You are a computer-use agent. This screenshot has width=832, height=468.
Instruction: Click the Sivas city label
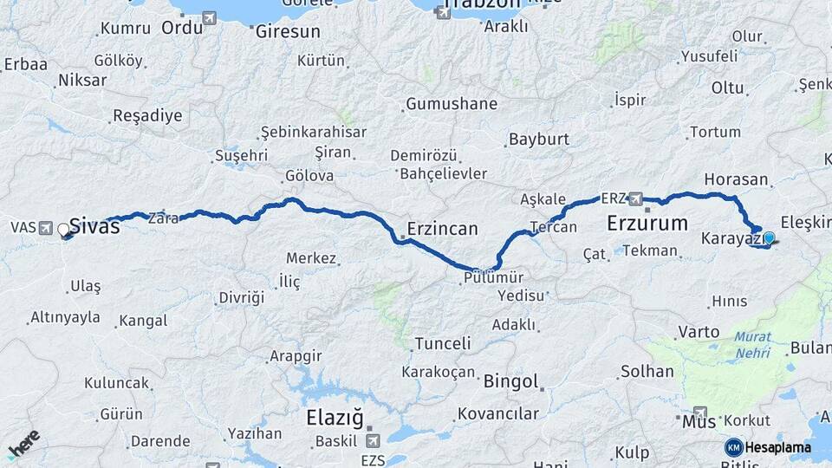pyautogui.click(x=94, y=226)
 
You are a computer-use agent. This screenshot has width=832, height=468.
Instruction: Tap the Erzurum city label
pyautogui.click(x=647, y=223)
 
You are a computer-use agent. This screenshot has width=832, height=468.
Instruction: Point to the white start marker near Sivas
pyautogui.click(x=63, y=230)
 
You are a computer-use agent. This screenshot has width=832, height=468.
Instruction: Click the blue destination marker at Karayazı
pyautogui.click(x=769, y=237)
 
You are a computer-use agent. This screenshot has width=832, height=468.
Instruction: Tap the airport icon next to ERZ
pyautogui.click(x=637, y=198)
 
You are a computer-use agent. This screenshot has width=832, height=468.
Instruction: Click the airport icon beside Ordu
pyautogui.click(x=209, y=17)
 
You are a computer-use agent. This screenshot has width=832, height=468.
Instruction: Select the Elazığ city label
pyautogui.click(x=335, y=417)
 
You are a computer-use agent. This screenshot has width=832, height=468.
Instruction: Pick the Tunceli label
pyautogui.click(x=443, y=343)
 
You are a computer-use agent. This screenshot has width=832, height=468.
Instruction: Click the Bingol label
pyautogui.click(x=511, y=380)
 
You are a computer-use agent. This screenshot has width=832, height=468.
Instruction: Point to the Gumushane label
pyautogui.click(x=452, y=104)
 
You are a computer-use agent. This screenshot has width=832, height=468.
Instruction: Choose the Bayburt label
pyautogui.click(x=538, y=139)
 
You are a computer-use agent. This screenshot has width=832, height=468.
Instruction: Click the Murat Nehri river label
pyautogui.click(x=753, y=344)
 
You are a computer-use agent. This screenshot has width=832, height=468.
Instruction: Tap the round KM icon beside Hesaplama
pyautogui.click(x=733, y=447)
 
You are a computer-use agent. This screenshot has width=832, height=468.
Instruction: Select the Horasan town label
pyautogui.click(x=737, y=179)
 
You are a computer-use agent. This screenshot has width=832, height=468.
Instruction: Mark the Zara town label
pyautogui.click(x=162, y=218)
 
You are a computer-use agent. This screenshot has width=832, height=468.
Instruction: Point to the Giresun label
pyautogui.click(x=288, y=31)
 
